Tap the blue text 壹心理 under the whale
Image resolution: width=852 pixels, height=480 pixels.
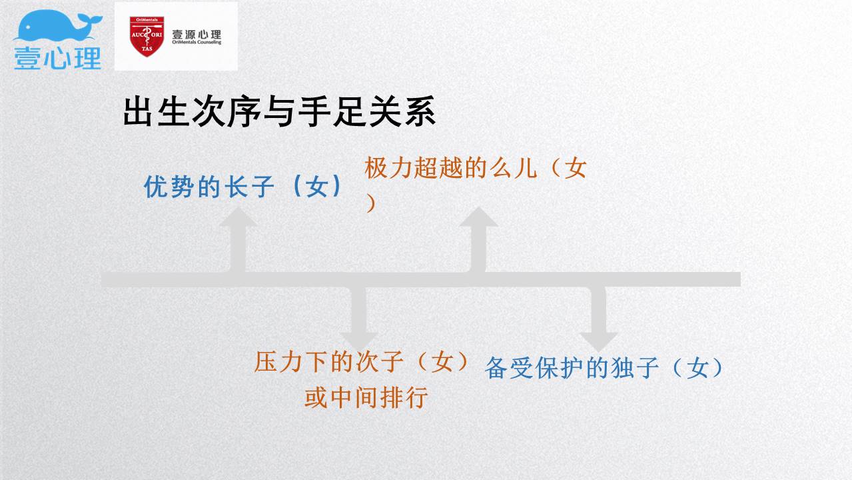[x=58, y=58]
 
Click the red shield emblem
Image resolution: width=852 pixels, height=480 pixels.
[x=147, y=36]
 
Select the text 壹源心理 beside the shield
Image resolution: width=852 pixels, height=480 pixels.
[x=197, y=34]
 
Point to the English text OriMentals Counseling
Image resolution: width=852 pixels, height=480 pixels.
[x=197, y=42]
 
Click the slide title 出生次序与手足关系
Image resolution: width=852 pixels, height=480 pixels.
[x=280, y=111]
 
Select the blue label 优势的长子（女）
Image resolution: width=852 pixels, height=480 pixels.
[x=243, y=187]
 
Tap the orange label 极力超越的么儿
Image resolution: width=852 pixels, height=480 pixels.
[x=450, y=168]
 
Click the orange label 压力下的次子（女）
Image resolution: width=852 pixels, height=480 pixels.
[x=361, y=361]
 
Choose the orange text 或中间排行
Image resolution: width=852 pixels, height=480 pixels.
[x=366, y=398]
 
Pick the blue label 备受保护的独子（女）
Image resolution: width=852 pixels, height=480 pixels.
[x=604, y=368]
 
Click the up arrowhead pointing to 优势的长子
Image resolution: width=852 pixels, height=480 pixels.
[x=238, y=217]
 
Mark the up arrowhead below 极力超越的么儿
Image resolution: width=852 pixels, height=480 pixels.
[x=478, y=217]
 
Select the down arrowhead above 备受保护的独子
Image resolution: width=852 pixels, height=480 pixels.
[x=599, y=342]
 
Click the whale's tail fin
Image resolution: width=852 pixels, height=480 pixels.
[x=90, y=19]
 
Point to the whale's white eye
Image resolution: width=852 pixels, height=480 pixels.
[x=28, y=27]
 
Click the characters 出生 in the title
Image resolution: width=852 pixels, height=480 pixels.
[x=157, y=111]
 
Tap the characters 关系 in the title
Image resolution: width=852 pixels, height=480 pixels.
[x=403, y=111]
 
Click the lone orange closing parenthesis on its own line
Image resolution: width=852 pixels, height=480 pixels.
[x=371, y=203]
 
